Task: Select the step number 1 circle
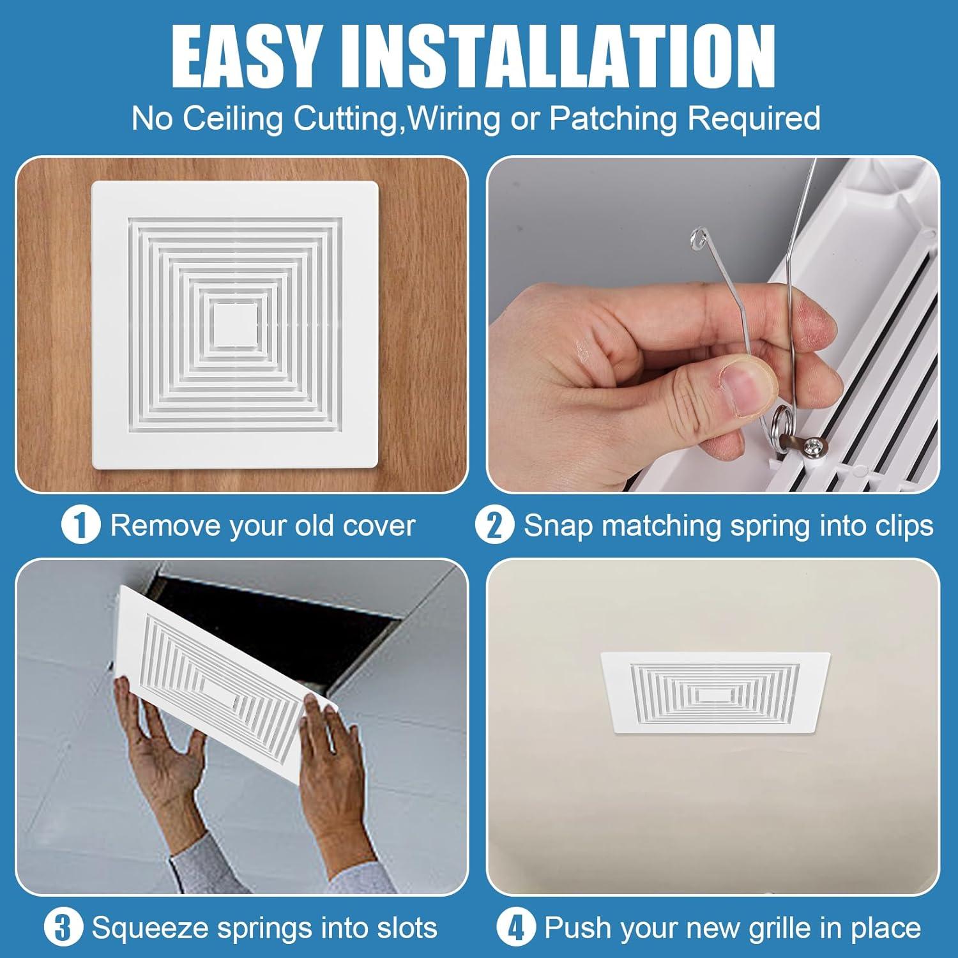click(x=80, y=525)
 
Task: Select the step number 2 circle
click(x=494, y=525)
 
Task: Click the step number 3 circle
click(x=63, y=927)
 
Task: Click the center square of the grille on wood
click(x=236, y=324)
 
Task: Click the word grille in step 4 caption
click(x=759, y=927)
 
